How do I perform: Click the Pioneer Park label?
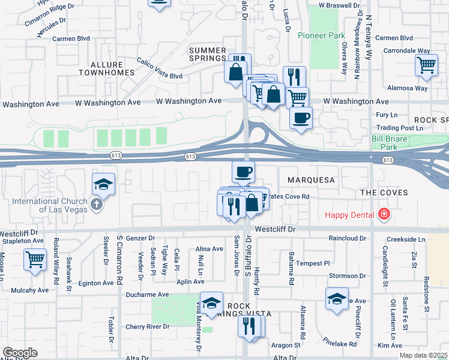(x=321, y=35)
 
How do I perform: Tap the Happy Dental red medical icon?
(x=384, y=214)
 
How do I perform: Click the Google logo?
(x=20, y=353)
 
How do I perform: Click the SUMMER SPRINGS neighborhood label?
(x=207, y=55)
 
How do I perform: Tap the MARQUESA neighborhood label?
(x=310, y=179)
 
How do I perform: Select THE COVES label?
(x=384, y=193)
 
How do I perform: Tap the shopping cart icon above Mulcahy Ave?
(x=35, y=260)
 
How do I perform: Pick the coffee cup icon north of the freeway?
(x=301, y=116)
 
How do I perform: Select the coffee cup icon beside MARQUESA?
(x=243, y=172)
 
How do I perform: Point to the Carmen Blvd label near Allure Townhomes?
(x=71, y=38)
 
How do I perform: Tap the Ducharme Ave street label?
(x=147, y=295)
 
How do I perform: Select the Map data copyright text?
(x=423, y=355)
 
